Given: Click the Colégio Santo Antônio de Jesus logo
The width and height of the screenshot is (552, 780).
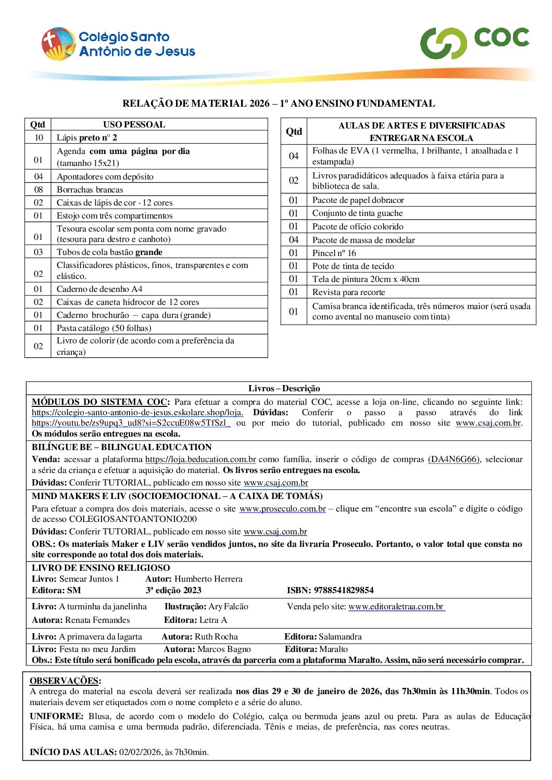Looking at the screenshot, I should pos(118,44).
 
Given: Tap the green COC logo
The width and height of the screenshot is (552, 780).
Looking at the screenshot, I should pos(474,42).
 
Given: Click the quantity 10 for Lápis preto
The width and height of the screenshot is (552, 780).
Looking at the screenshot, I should pos(39,138).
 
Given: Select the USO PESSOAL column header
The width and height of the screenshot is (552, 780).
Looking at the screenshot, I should pos(134,125).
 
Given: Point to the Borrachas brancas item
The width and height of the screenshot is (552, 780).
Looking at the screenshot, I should pos(90,190).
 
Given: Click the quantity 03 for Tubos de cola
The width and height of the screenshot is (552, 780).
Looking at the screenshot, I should pos(39,252).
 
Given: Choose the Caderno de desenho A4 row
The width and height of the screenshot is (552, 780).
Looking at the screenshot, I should pos(99,289).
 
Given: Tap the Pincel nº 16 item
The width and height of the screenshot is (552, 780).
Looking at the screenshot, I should pos(334,253).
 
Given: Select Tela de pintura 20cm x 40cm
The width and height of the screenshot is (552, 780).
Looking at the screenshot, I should pos(366,279).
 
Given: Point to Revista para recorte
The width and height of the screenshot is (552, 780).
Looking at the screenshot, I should pos(348,292).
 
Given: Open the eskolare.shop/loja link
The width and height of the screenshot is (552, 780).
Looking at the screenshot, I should pos(137,413).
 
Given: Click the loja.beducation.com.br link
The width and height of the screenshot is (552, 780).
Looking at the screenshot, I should pos(200,459).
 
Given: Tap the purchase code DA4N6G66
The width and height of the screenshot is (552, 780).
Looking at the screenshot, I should pos(453,459).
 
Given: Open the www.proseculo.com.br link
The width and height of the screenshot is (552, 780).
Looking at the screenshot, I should pos(282,509).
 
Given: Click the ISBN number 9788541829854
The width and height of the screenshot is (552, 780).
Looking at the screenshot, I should pos(343,591).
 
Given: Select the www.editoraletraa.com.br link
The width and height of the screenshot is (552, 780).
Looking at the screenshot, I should pos(396,607).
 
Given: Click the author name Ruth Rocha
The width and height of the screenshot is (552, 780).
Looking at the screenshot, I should pos(216,637).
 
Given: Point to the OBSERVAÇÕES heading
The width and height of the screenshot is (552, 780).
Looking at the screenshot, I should pos(65,681).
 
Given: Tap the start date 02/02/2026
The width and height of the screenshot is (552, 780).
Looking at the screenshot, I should pos(141,752).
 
